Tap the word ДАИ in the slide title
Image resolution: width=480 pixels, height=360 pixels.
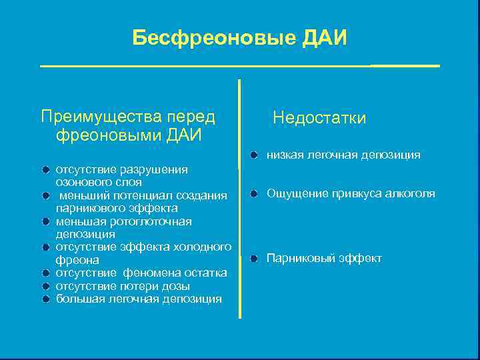click(x=325, y=37)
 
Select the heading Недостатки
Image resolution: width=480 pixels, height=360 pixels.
click(x=319, y=118)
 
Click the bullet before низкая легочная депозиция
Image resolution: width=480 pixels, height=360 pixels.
click(x=255, y=155)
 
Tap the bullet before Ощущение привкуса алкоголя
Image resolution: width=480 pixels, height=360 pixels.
click(x=255, y=194)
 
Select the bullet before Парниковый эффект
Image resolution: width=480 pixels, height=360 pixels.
click(x=255, y=259)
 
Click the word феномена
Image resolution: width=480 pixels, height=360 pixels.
click(x=149, y=273)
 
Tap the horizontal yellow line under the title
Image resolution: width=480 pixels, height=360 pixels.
click(x=240, y=66)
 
